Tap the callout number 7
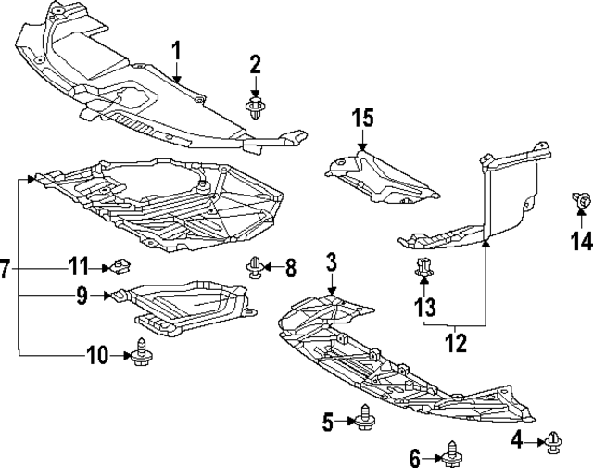(x=6, y=270)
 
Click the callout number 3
(x=332, y=264)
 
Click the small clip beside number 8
(x=253, y=269)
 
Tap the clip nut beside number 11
(x=119, y=269)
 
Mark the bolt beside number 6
(x=451, y=452)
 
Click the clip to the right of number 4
(x=554, y=442)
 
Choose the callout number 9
(x=82, y=297)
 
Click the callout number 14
(x=581, y=242)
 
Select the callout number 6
(x=414, y=456)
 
